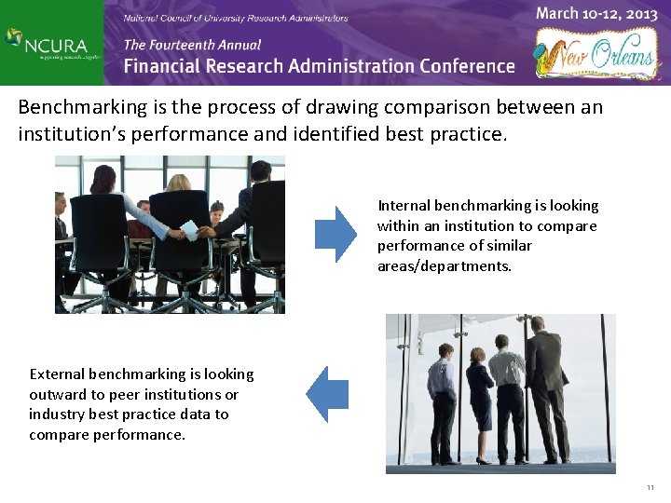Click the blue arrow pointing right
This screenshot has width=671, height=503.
point(335,234)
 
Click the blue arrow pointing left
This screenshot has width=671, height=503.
point(327,394)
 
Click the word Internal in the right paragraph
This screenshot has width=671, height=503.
point(403,205)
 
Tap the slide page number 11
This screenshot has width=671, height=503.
point(650,488)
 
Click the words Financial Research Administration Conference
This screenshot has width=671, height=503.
point(319,66)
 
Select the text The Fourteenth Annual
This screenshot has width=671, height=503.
point(192,44)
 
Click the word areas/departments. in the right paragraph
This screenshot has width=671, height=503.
point(445,266)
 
